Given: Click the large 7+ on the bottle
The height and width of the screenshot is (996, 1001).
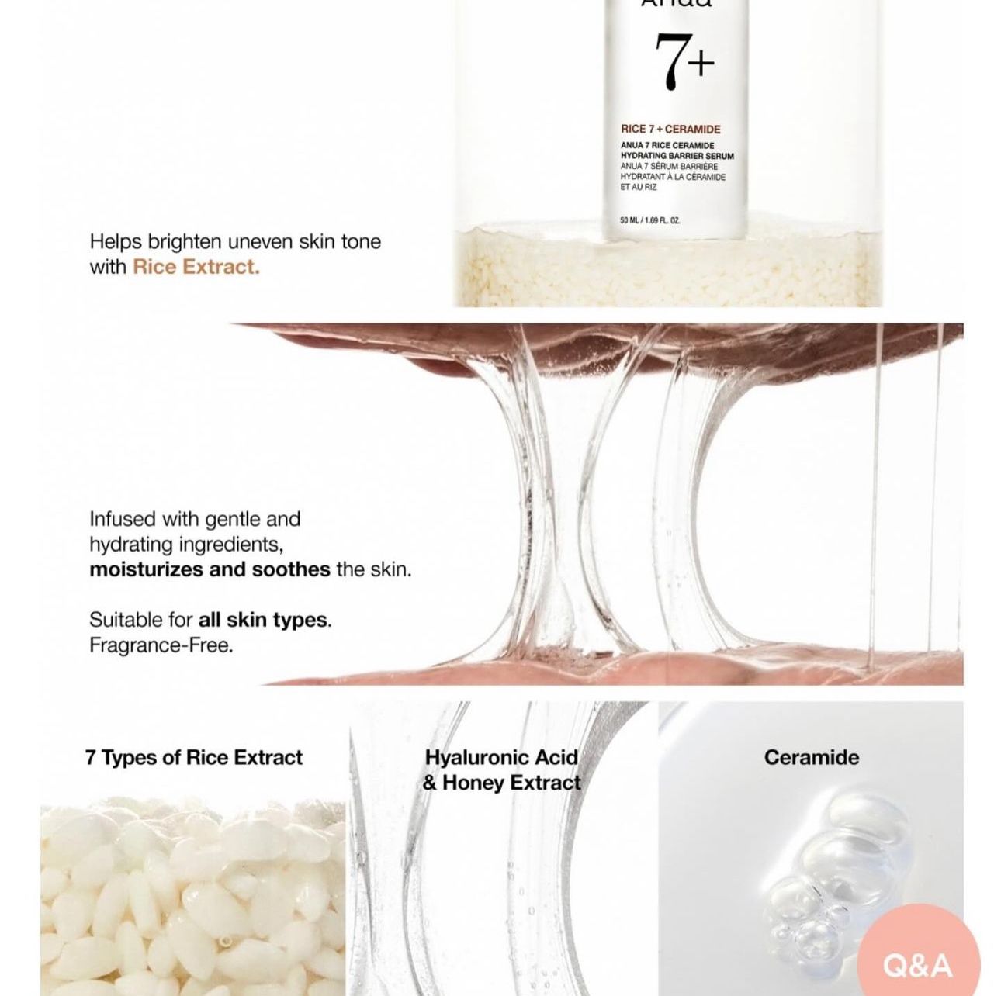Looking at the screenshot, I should point(683,62).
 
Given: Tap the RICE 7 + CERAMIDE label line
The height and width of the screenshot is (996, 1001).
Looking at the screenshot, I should point(670,130).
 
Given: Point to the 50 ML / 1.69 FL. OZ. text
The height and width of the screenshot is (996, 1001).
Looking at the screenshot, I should point(650,220).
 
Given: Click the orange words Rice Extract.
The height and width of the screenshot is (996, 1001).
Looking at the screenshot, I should point(196,267).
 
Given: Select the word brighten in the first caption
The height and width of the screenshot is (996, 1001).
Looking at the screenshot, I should point(185,241).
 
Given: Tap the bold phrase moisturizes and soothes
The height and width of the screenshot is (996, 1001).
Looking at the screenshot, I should point(210,569).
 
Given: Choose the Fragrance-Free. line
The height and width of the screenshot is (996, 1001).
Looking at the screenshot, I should point(161,645).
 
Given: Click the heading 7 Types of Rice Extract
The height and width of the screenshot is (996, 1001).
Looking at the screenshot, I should point(194,757).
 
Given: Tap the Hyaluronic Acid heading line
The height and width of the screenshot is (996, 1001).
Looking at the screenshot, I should point(501,757).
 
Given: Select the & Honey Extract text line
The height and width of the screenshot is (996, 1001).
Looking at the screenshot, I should point(501,783).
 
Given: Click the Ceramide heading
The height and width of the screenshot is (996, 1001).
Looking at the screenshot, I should point(811,757).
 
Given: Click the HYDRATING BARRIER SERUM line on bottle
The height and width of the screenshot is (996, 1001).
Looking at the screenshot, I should point(677,156).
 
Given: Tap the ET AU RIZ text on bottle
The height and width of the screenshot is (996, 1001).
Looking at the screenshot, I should point(638,187).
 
